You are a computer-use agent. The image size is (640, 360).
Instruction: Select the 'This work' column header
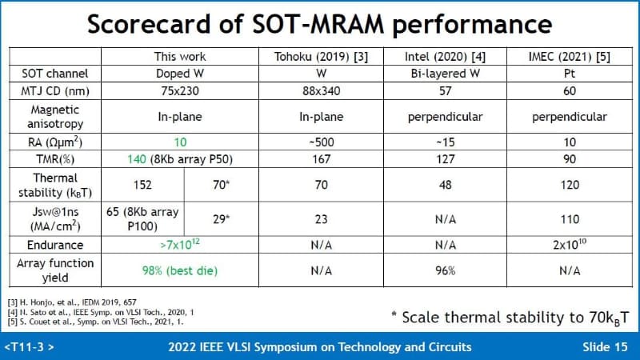[x=179, y=57]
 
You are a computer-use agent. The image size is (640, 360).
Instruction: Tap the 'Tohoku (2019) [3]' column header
[x=321, y=57]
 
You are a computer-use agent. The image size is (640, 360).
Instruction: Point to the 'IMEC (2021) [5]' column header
[x=570, y=57]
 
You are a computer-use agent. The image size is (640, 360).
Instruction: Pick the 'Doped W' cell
[x=179, y=73]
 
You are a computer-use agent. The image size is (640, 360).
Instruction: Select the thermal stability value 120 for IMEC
[x=570, y=185]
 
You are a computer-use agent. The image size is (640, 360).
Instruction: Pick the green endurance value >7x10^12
[x=179, y=244]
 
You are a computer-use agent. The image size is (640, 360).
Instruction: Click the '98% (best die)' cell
[x=179, y=270]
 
